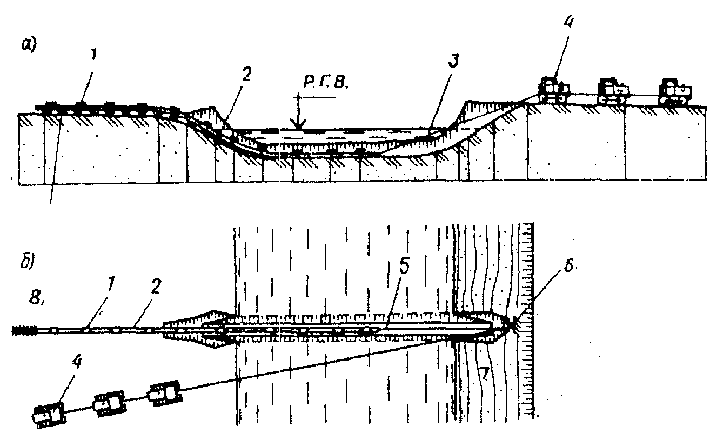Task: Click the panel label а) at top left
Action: pyautogui.click(x=28, y=45)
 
